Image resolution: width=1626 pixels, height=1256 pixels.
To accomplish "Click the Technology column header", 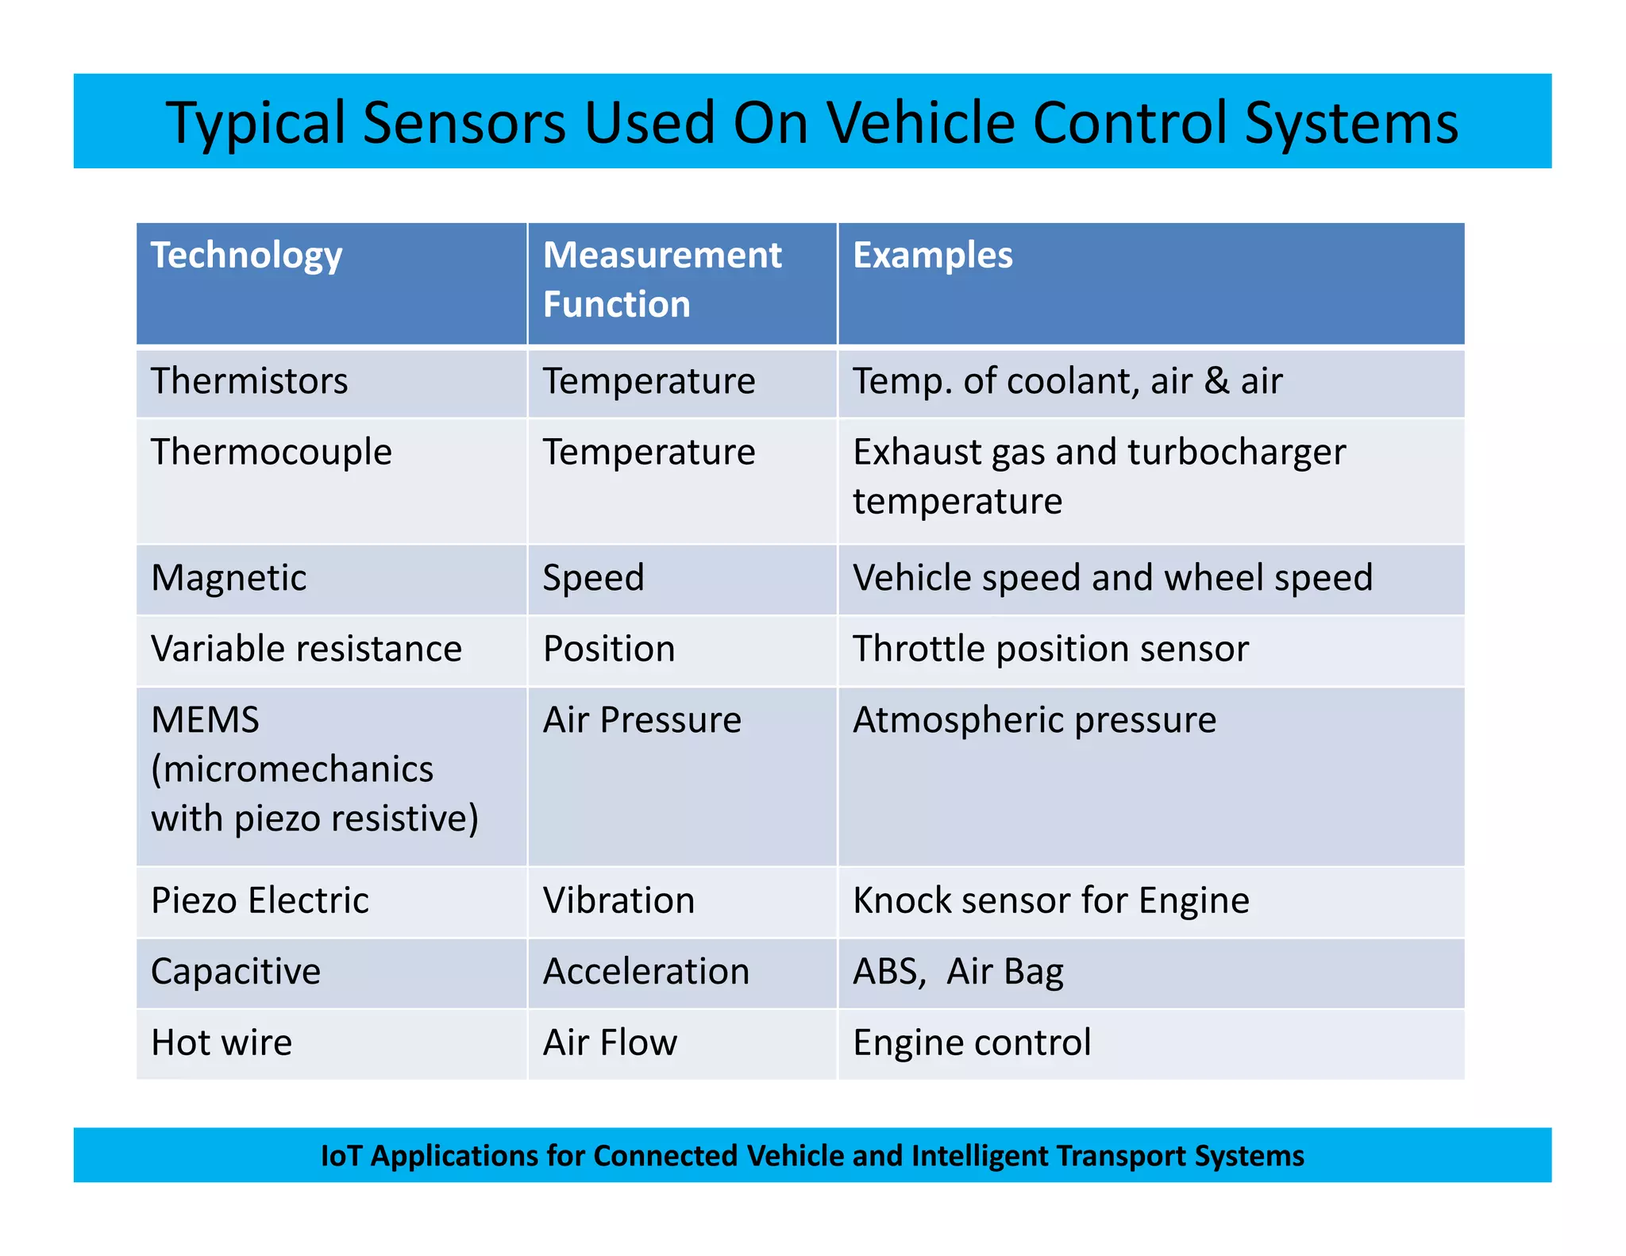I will [x=247, y=256].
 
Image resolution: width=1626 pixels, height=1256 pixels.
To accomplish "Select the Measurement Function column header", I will [x=662, y=279].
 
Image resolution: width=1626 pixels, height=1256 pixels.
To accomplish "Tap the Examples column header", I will [x=933, y=256].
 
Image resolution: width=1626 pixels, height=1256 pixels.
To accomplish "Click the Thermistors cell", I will [x=249, y=381].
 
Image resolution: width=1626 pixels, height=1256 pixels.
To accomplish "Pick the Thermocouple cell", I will [x=272, y=453].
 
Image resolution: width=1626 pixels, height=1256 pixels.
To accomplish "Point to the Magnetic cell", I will [x=229, y=578].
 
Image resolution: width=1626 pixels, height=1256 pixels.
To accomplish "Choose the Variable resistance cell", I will [x=306, y=649].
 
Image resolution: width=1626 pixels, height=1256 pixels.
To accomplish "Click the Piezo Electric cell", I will [x=260, y=901].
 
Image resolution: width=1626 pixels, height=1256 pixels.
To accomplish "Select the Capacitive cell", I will [x=236, y=972].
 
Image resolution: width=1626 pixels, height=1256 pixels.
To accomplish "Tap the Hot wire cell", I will [x=222, y=1042].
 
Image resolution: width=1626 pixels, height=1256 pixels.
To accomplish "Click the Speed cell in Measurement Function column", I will [x=593, y=578].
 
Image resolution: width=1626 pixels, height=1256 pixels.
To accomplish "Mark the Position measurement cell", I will [x=609, y=649].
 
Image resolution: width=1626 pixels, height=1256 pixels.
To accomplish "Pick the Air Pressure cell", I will [x=642, y=720].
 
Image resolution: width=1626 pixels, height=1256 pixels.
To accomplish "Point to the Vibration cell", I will [x=619, y=901].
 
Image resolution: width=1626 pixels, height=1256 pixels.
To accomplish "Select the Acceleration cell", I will [x=646, y=972].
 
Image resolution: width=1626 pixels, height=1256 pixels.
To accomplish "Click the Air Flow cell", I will [x=610, y=1042].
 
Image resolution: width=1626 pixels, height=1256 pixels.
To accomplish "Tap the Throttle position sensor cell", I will [x=1050, y=649].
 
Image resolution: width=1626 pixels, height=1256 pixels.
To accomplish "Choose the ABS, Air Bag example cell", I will [x=958, y=972].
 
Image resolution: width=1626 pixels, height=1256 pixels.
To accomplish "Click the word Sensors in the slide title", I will [x=464, y=123].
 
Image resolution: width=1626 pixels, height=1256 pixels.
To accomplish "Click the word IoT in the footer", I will [x=341, y=1156].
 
